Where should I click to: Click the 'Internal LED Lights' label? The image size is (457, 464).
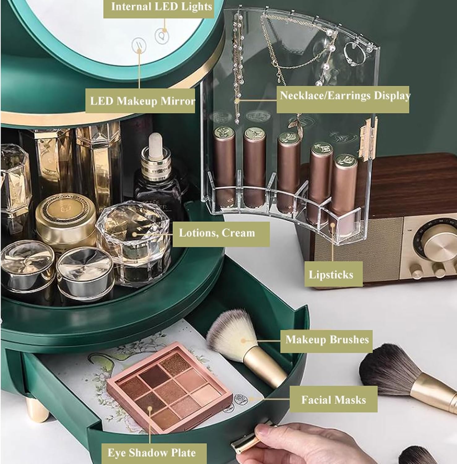coord(161,7)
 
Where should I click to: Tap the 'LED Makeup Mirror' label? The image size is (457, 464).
coord(142,101)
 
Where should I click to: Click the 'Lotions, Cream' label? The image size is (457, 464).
coord(217,233)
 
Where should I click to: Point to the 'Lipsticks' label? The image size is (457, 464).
coord(331,275)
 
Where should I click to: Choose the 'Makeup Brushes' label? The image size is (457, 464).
coord(327,340)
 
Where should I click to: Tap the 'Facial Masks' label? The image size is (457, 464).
coord(334,400)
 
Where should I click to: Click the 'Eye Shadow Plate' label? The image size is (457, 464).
coord(152,453)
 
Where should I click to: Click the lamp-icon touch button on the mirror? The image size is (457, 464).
coord(162,36)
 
